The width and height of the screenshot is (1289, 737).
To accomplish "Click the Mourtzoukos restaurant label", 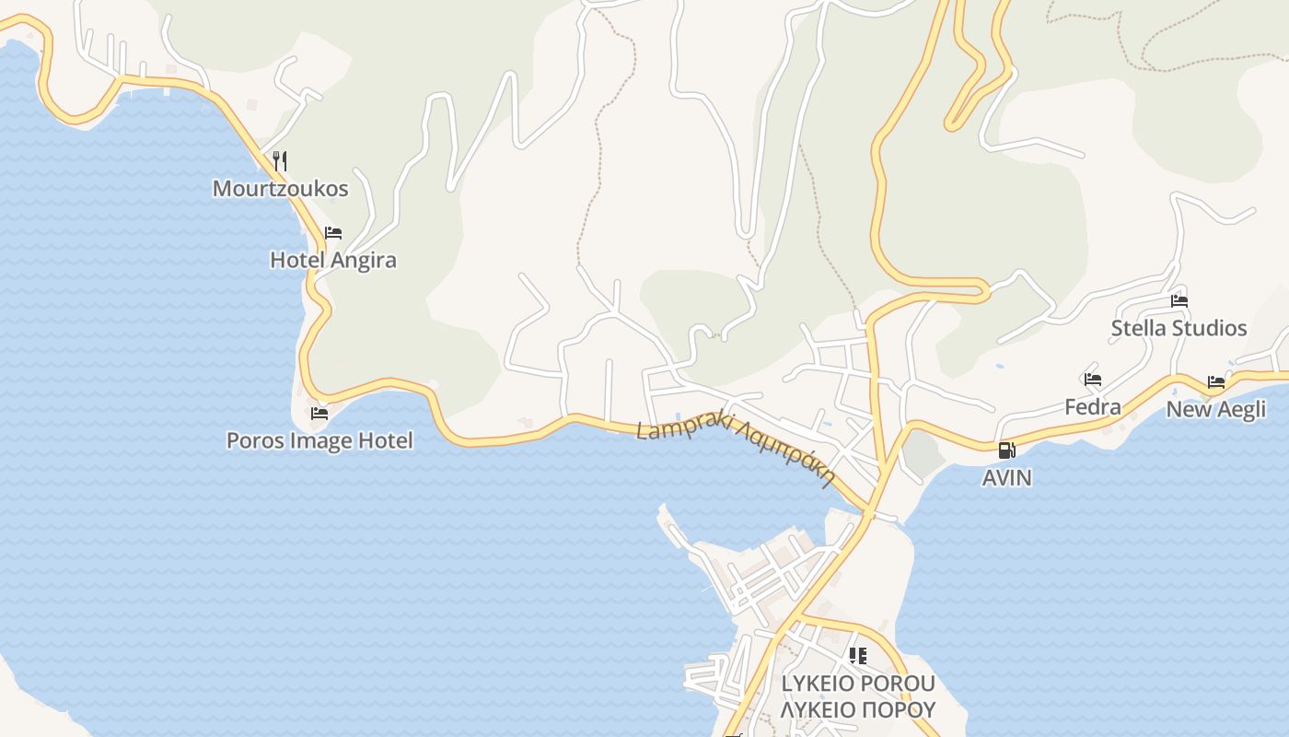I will [280, 189].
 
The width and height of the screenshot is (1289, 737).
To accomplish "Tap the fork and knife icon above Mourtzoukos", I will [280, 161].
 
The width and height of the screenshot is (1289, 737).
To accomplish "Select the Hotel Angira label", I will [332, 260].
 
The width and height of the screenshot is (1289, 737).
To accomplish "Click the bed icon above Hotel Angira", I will [333, 233].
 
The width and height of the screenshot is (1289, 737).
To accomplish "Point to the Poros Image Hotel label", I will [319, 440].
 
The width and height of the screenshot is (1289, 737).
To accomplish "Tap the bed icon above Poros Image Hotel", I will [319, 414].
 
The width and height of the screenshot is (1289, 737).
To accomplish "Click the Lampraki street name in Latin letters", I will [683, 425].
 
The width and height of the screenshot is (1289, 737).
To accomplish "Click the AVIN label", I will [1006, 478].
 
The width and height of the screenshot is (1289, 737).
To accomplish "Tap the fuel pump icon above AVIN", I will [1006, 450].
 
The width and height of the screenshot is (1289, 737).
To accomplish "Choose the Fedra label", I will [1093, 406].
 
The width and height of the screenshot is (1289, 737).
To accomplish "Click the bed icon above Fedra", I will [1093, 379].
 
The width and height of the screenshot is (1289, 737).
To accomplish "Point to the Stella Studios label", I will [1179, 328].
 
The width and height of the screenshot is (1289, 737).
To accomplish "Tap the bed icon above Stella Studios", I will [1179, 300].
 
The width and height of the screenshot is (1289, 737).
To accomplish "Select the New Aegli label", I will [1216, 409].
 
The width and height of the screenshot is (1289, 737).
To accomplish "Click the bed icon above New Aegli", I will [1216, 381].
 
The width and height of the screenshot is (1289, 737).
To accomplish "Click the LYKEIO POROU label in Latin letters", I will [857, 684].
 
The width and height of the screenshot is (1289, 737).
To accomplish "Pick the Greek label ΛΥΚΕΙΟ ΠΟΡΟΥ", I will [857, 709].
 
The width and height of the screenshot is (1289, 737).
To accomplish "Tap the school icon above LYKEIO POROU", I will [857, 656].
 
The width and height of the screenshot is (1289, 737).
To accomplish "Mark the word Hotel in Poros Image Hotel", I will [385, 440].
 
